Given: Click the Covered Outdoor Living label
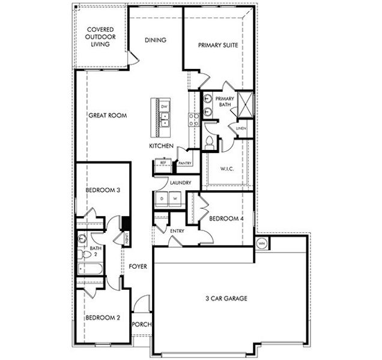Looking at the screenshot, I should (x=100, y=37).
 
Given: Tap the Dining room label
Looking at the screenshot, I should (x=156, y=41).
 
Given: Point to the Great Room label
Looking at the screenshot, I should (x=108, y=116).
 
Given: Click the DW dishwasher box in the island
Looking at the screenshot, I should (x=164, y=107).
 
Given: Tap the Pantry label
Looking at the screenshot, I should (x=184, y=163).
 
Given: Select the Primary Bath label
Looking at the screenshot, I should (x=225, y=101).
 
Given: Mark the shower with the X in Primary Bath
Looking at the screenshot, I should (x=246, y=104).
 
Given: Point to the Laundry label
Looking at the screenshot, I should (x=180, y=183).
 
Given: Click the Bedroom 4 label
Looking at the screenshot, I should (x=226, y=219).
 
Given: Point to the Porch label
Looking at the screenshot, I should (x=142, y=325).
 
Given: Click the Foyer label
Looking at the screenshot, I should (x=138, y=266).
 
